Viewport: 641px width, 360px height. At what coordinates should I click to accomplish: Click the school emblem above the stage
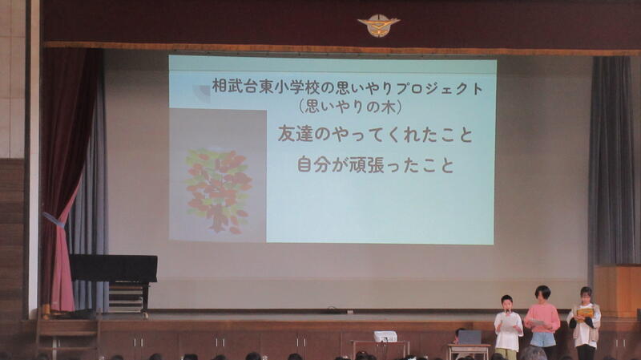point(378,25)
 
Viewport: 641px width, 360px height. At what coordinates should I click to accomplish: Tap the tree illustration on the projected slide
point(218,191)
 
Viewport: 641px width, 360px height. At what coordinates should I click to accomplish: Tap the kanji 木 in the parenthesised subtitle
point(388,107)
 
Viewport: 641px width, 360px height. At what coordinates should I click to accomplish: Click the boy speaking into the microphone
point(508,328)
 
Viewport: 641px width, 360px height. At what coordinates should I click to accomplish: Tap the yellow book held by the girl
point(585,313)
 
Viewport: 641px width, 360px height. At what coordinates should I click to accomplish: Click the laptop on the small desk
point(470,338)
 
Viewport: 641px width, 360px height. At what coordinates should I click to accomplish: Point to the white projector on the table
point(385,337)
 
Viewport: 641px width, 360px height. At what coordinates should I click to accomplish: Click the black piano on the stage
point(114,281)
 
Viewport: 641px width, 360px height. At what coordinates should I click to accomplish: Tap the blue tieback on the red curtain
point(54,219)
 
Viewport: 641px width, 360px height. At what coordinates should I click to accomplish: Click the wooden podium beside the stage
point(617,291)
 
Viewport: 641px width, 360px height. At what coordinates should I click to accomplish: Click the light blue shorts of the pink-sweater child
point(542,339)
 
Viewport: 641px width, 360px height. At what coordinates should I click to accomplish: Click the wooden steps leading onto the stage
point(68,334)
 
